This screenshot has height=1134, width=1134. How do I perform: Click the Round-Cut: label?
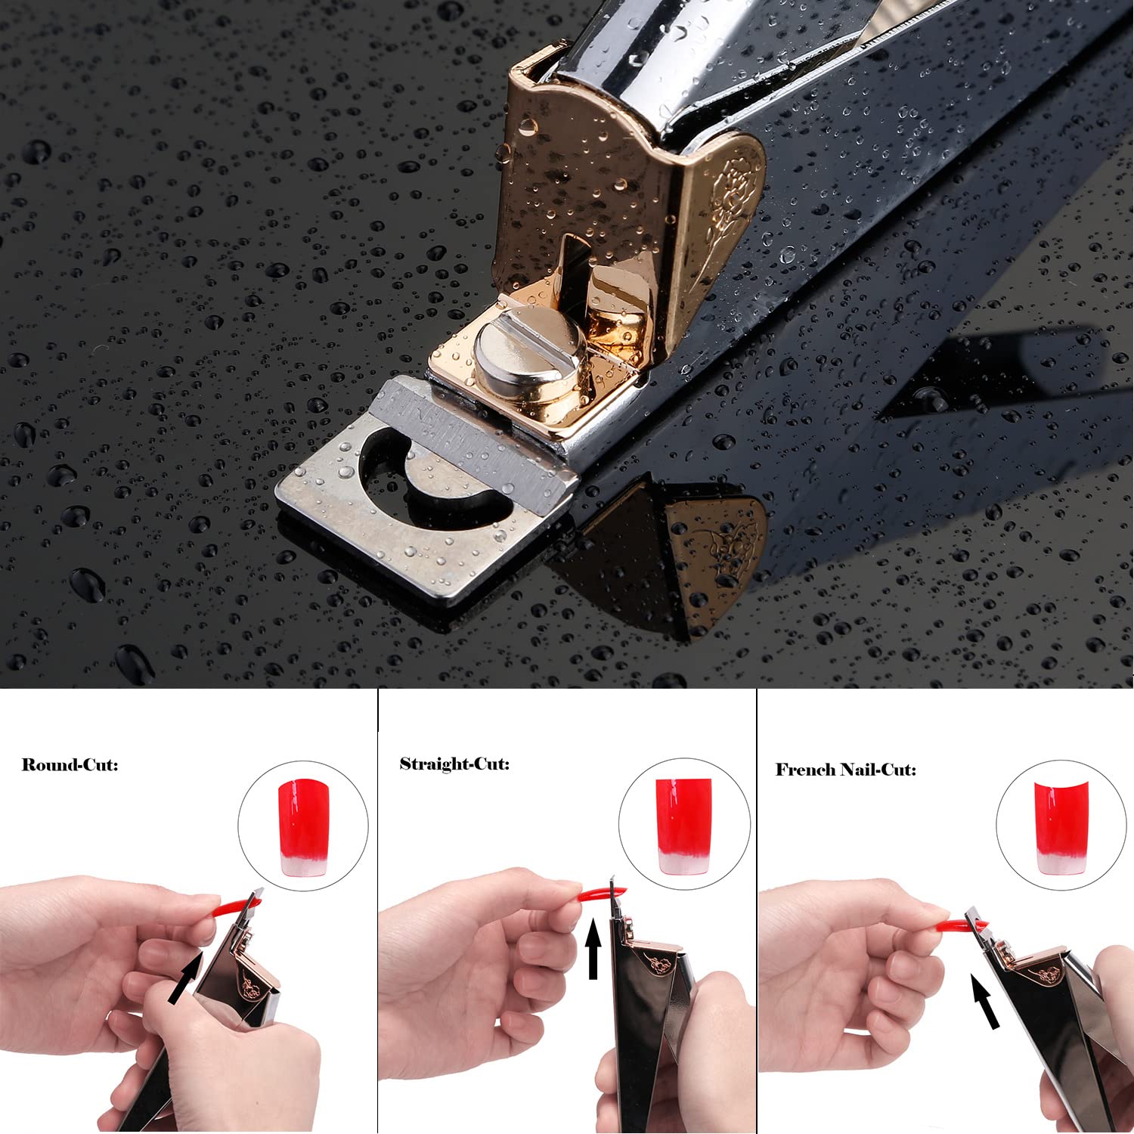pos(70,764)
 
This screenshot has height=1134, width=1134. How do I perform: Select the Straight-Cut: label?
pos(454,764)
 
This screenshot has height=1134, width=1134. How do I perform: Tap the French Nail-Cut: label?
pos(845,770)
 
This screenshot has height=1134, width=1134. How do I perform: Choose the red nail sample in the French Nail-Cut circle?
pos(1061,828)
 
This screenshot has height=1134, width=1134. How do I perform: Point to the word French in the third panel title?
pos(804,770)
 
